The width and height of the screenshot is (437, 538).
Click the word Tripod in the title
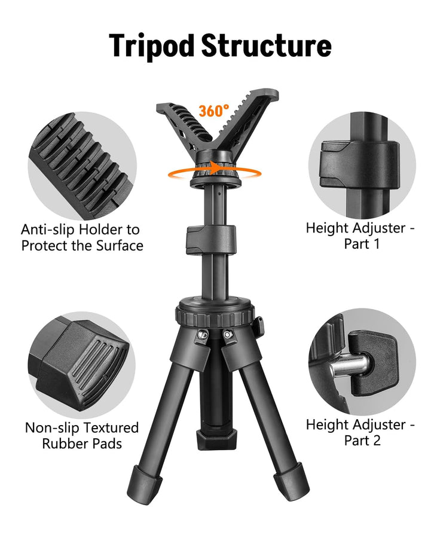pos(152,46)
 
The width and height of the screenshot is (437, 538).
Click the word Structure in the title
pos(266,45)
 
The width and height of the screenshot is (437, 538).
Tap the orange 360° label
pos(213,111)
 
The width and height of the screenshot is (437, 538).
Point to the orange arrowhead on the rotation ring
pos(216,168)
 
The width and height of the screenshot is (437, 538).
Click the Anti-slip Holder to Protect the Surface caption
pos(82,237)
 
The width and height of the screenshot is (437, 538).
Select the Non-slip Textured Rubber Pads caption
pos(82,435)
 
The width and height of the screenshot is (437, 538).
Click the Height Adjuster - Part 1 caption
pos(360,236)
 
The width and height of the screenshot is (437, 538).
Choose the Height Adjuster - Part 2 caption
pos(360,432)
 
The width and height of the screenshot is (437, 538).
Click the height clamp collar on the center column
pos(210,240)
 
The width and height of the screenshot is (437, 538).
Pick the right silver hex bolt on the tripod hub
pos(227,334)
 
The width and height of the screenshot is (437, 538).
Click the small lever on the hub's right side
pos(259,326)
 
